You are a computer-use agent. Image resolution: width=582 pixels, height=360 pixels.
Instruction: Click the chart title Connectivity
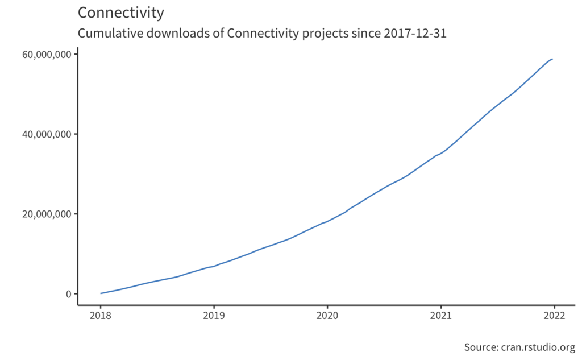(x=120, y=13)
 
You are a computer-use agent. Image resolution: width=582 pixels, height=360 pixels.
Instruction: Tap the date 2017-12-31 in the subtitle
(x=414, y=34)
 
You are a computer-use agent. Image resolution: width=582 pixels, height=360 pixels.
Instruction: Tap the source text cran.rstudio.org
(x=538, y=347)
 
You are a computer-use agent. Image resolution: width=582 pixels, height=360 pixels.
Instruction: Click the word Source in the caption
(x=481, y=347)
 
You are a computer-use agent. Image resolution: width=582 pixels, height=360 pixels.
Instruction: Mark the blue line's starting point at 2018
(x=101, y=293)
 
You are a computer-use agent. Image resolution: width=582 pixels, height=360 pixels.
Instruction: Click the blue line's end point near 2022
(x=552, y=59)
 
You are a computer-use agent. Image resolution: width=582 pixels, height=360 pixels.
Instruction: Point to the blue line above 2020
(x=327, y=221)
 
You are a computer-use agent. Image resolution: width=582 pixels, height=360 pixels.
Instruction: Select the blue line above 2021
(x=440, y=153)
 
